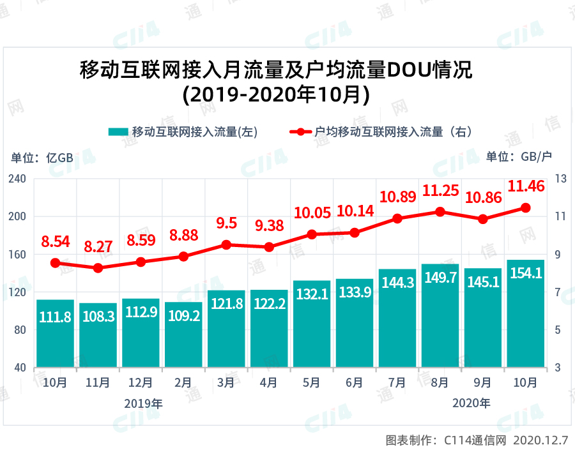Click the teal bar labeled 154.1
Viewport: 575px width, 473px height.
click(x=525, y=313)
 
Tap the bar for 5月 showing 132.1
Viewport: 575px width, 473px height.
click(x=312, y=324)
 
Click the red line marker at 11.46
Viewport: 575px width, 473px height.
click(x=526, y=207)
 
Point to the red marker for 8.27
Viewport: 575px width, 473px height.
click(x=98, y=268)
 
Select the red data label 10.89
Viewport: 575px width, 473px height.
click(x=397, y=197)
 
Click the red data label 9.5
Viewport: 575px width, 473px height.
click(x=226, y=223)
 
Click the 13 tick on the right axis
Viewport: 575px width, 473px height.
click(x=559, y=179)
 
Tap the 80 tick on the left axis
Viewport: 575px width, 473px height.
click(x=19, y=330)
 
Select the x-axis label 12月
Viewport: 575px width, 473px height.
click(x=141, y=383)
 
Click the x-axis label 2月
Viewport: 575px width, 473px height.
click(x=183, y=383)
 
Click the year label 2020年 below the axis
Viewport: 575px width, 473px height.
click(x=471, y=403)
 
